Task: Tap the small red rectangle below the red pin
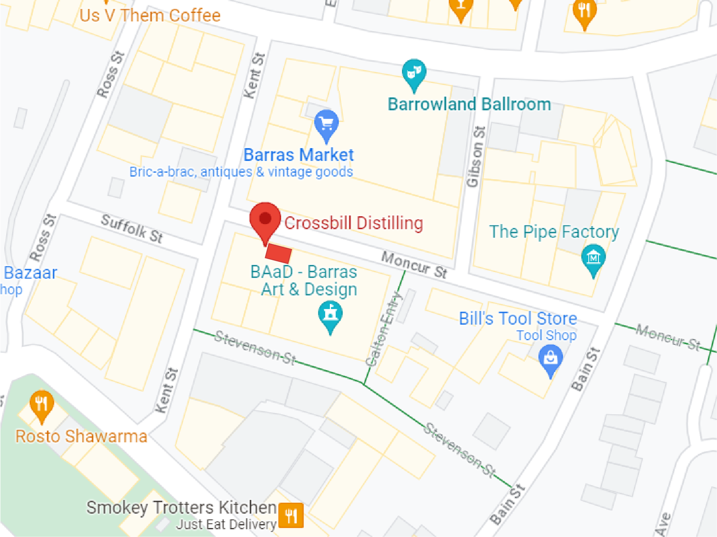coord(279,253)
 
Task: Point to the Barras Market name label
coord(298,155)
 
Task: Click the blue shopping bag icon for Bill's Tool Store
coord(551,358)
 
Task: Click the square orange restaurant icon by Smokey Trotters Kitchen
coord(291,516)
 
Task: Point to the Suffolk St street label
coord(132,228)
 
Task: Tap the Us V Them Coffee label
coord(150,15)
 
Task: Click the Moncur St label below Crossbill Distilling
coord(414,265)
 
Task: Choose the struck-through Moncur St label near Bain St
coord(668,337)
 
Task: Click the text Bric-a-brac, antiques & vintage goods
coord(241,172)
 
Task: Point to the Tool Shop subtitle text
coord(546,335)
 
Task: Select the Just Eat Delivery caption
coord(226,525)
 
